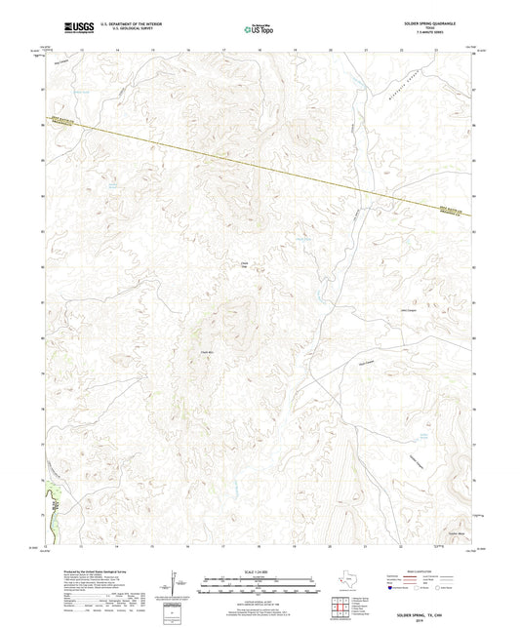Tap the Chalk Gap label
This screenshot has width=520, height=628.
245,264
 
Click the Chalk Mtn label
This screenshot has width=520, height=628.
206,352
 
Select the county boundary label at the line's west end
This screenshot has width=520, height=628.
60,125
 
